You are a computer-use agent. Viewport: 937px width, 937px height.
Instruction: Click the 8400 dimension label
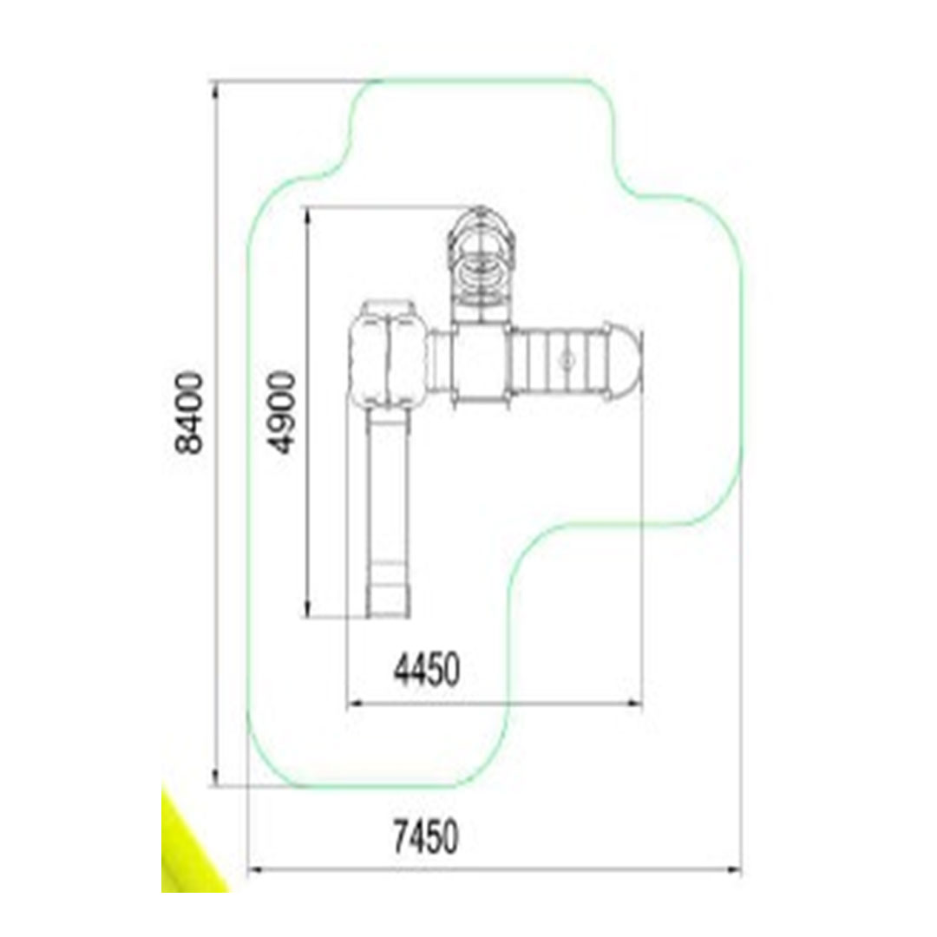[189, 413]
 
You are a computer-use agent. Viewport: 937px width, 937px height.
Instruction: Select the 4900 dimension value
[281, 412]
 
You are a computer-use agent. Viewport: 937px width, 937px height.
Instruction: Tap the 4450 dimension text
[427, 669]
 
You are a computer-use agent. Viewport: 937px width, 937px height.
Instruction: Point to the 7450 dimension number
[427, 836]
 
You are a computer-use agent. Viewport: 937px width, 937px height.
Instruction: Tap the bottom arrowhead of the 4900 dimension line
[308, 607]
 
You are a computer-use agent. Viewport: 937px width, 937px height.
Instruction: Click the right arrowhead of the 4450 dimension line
[632, 704]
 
